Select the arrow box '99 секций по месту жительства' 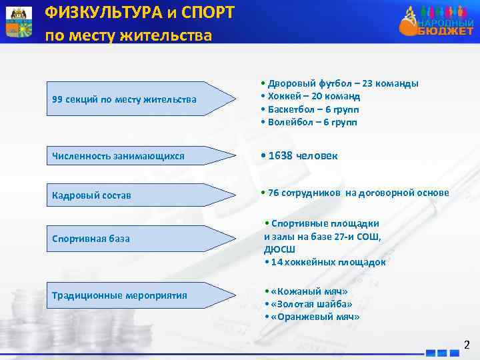point(133,99)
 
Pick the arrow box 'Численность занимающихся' point(133,156)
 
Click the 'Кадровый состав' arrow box point(133,195)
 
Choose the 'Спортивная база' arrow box point(133,238)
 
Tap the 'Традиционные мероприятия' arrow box point(133,295)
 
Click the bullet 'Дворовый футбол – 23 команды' point(340,83)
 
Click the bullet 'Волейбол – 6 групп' point(311,122)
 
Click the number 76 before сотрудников point(274,193)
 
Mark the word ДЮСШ point(279,249)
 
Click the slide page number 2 point(467,345)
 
